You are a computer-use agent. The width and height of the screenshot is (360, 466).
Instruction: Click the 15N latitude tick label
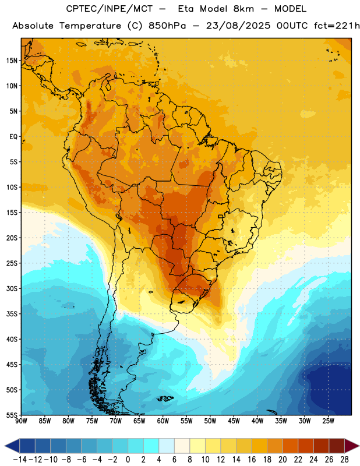pos(12,61)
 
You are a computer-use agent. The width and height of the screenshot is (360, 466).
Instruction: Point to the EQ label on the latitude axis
pos(13,137)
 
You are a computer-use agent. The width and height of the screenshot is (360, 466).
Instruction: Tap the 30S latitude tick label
pos(12,288)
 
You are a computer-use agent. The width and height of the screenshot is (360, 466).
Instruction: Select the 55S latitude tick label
pos(12,415)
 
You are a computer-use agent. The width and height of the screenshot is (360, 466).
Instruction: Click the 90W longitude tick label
pos(21,421)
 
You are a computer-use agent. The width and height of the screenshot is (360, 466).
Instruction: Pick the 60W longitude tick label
pos(163,421)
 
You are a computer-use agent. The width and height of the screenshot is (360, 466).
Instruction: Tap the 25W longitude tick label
pos(329,421)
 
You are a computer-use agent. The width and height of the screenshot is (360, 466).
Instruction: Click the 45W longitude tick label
pos(234,421)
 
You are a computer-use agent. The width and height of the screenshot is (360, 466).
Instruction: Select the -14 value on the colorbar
pos(20,460)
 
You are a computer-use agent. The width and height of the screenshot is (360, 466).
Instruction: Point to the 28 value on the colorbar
pos(344,460)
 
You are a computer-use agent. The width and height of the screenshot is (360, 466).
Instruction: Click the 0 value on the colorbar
pos(128,460)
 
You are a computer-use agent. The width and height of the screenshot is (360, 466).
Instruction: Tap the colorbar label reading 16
pos(252,460)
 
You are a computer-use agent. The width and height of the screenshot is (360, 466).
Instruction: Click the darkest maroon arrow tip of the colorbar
pos(359,446)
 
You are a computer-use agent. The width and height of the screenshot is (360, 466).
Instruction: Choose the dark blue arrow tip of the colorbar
pos(5,446)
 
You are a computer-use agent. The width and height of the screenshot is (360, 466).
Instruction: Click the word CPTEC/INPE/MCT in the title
pos(109,9)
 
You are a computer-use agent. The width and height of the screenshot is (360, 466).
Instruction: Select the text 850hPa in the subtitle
pos(167,26)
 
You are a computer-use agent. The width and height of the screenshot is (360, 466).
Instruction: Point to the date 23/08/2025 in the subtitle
pos(238,26)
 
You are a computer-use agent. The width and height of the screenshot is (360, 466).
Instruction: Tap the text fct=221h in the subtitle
pos(337,26)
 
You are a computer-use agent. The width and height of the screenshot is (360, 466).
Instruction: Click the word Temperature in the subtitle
pos(90,26)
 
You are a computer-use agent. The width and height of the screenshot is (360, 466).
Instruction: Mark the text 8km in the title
pos(243,9)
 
